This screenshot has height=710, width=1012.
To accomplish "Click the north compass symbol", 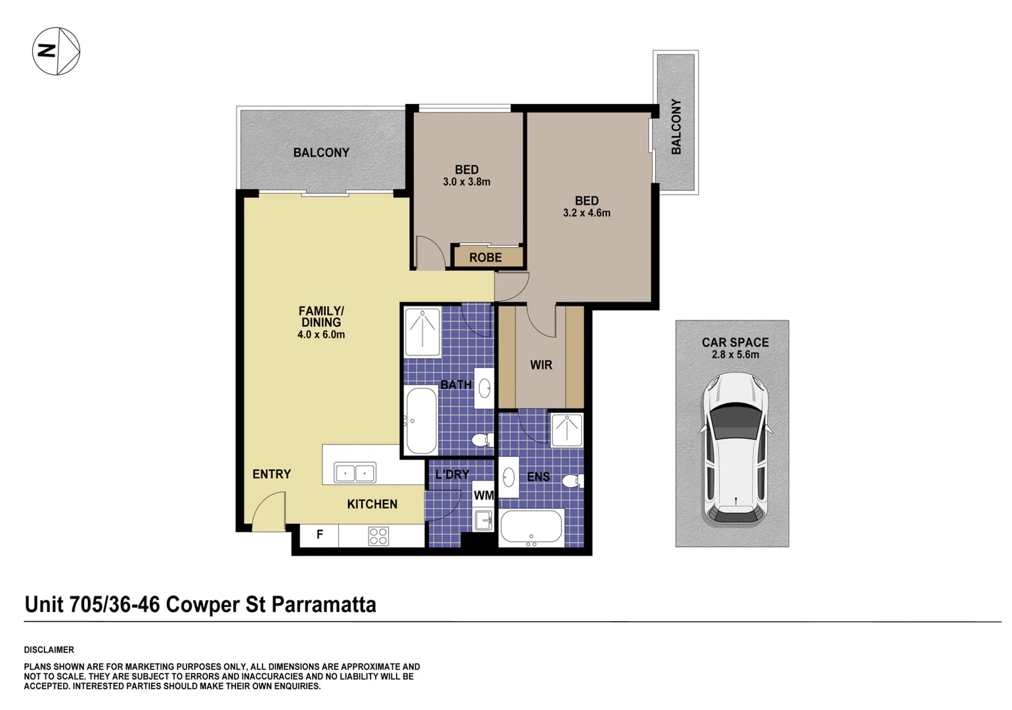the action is [x=56, y=51].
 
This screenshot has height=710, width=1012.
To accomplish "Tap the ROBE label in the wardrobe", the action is [x=485, y=257].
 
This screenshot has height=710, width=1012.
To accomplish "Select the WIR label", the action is [x=540, y=365].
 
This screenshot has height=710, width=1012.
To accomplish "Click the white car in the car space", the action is [x=736, y=448].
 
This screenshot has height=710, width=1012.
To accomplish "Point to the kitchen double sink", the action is [x=355, y=473].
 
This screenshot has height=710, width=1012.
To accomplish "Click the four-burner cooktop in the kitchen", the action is [x=378, y=536].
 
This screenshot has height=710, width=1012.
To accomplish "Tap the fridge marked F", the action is [x=319, y=535].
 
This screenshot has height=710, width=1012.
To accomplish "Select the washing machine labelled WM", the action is [x=483, y=495].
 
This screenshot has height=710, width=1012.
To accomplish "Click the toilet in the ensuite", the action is [x=573, y=481].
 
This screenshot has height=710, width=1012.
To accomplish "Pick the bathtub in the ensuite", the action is [x=531, y=527].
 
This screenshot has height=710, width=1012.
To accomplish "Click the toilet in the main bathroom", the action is [x=483, y=439].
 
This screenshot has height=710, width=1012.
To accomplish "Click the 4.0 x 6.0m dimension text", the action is [x=320, y=335].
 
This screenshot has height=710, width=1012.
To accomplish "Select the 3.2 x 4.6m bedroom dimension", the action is [x=586, y=212].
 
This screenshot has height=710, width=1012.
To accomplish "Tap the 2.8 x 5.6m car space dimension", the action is [x=736, y=354].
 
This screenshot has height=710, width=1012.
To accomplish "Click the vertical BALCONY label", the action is [x=676, y=127].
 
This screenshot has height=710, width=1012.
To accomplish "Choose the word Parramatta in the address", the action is [x=324, y=605].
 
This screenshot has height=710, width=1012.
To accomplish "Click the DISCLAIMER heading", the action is [x=49, y=650].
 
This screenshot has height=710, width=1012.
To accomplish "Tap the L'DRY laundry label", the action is [x=452, y=475].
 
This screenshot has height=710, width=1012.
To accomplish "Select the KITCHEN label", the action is [x=372, y=504].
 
